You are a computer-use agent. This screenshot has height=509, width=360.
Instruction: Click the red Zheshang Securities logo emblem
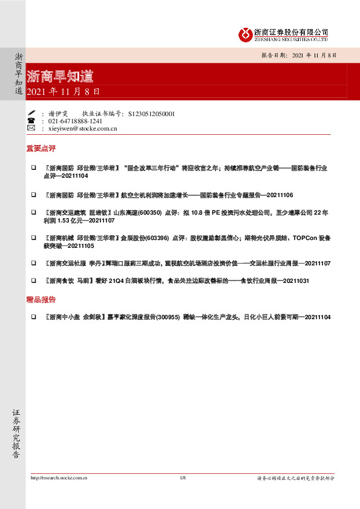tap(245, 34)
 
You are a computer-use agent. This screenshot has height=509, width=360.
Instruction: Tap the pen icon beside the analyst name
tap(31, 113)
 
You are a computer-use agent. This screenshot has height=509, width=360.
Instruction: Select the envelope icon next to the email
tap(31, 128)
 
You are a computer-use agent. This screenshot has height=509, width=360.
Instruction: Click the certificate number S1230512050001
tap(149, 113)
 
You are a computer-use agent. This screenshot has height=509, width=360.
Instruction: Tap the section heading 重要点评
tap(40, 148)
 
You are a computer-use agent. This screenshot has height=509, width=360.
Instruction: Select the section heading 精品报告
tap(40, 299)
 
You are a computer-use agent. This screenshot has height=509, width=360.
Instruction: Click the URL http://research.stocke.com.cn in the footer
tap(59, 478)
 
